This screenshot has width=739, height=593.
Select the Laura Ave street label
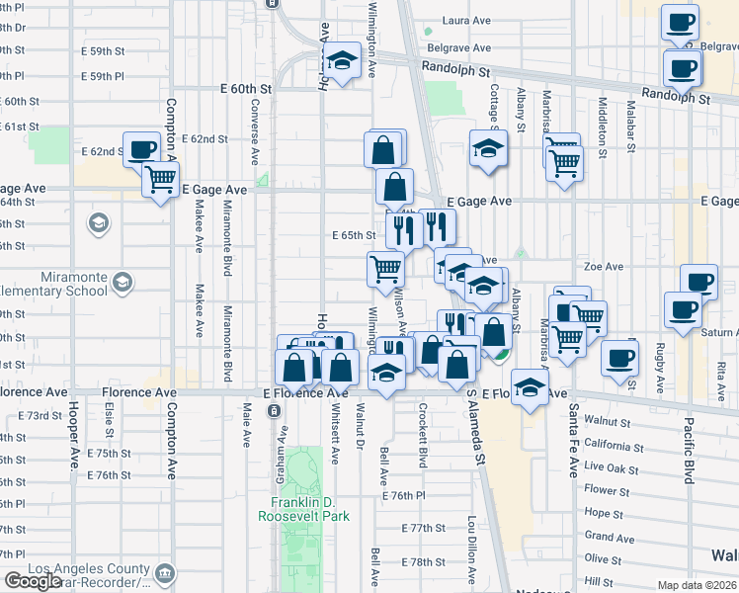click(467, 20)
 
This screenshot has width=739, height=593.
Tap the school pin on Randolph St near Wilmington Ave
click(341, 62)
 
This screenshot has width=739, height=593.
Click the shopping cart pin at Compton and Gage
click(160, 179)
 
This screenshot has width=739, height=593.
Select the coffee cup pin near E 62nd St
click(141, 148)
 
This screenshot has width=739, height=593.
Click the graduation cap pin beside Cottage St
click(487, 148)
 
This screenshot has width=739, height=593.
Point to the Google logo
click(33, 582)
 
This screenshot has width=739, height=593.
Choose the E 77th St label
click(425, 529)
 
